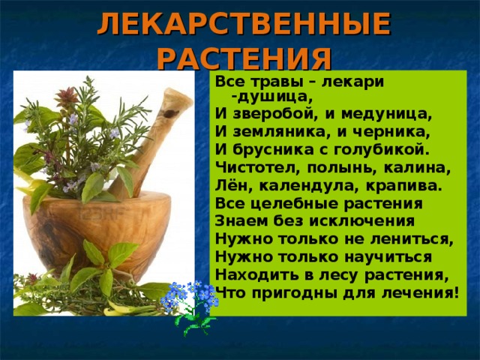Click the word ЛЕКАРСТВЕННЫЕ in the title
pyautogui.click(x=244, y=24)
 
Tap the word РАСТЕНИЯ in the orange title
pyautogui.click(x=246, y=58)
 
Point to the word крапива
pyautogui.click(x=404, y=186)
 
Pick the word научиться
pyautogui.click(x=388, y=257)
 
